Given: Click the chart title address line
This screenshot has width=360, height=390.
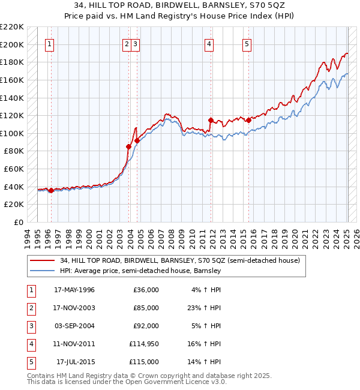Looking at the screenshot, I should click(x=179, y=5).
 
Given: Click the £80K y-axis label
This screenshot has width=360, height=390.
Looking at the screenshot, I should click(x=14, y=151).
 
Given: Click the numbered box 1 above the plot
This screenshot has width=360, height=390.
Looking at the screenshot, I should click(x=50, y=43).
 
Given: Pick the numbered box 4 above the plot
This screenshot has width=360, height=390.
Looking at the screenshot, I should click(x=209, y=43).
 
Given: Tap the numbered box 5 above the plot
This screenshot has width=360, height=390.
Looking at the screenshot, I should click(x=247, y=43).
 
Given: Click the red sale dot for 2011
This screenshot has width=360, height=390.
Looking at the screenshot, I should click(x=211, y=120).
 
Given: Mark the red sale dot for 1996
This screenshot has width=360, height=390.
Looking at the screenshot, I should click(x=51, y=190).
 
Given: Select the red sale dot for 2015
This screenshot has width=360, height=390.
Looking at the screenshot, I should click(x=248, y=120).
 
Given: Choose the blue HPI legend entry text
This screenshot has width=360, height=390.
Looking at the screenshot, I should click(x=140, y=271).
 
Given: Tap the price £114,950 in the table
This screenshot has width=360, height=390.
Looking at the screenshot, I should click(x=144, y=344).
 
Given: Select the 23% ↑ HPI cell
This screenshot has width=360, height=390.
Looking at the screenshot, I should click(x=205, y=308).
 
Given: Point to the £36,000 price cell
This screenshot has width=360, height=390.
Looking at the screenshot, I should click(x=146, y=290).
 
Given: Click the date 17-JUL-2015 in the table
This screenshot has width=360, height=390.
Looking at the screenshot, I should click(x=76, y=362).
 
